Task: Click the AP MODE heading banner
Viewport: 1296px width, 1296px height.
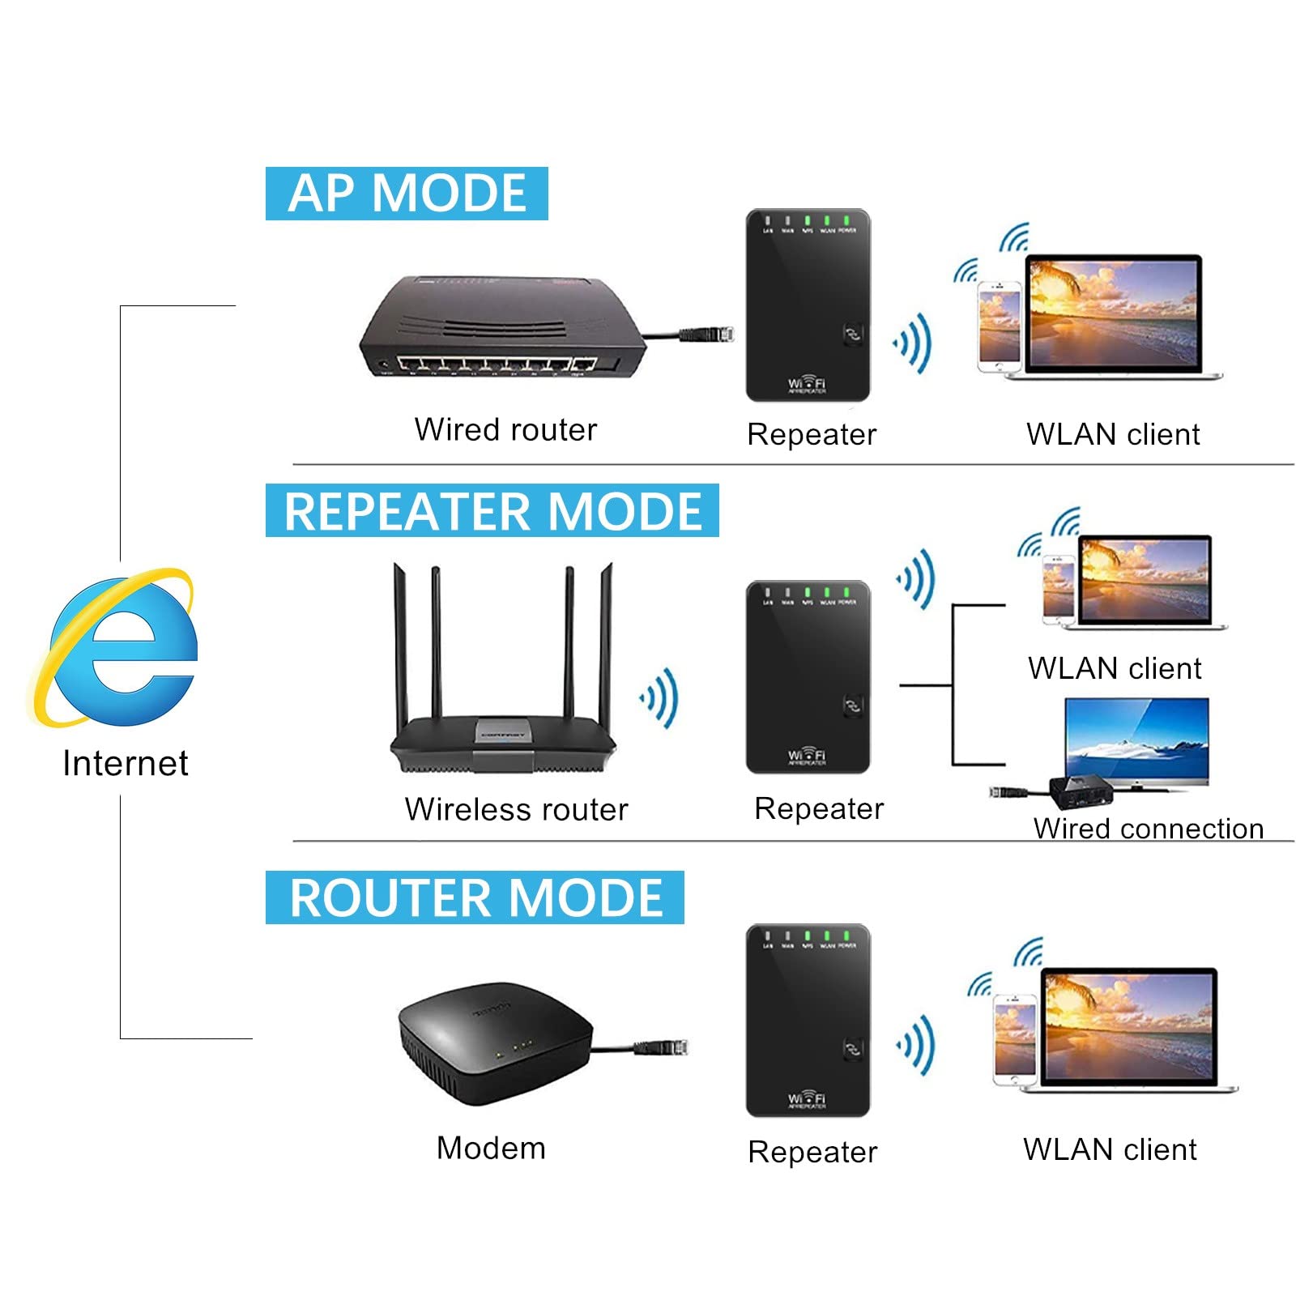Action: tap(407, 194)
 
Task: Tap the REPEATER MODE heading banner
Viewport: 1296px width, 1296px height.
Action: tap(492, 510)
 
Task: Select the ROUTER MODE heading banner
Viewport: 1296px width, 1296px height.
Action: tap(475, 897)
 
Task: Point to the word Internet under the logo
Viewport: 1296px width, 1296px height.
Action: tap(126, 763)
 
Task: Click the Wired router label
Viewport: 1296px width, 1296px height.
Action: tap(505, 429)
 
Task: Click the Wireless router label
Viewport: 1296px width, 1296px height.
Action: tap(516, 809)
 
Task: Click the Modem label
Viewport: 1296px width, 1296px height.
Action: tap(491, 1148)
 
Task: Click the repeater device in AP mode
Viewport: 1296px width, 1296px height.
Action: tap(808, 305)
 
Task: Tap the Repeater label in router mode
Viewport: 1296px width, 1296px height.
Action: tap(812, 1152)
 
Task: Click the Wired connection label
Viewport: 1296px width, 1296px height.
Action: tap(1148, 829)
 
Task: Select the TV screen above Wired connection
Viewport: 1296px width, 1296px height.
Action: tap(1136, 741)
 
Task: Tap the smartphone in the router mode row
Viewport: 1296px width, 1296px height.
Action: tap(1015, 1041)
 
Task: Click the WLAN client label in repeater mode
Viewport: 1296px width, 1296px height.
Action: tap(1115, 668)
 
